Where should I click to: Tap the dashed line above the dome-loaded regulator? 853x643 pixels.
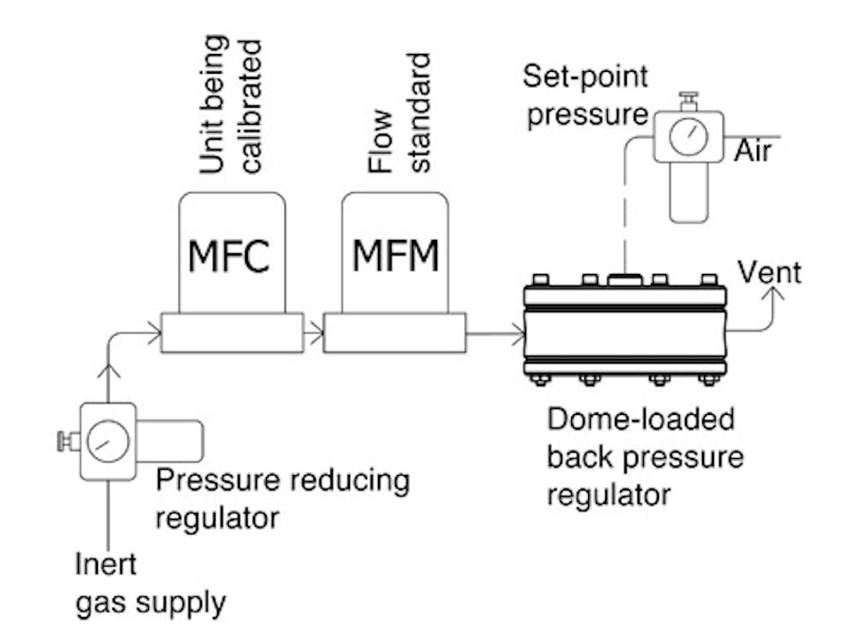[621, 220]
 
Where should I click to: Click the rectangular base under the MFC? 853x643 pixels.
[232, 333]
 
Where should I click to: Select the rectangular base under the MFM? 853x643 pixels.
[394, 333]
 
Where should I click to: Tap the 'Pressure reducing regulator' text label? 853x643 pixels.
[282, 498]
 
